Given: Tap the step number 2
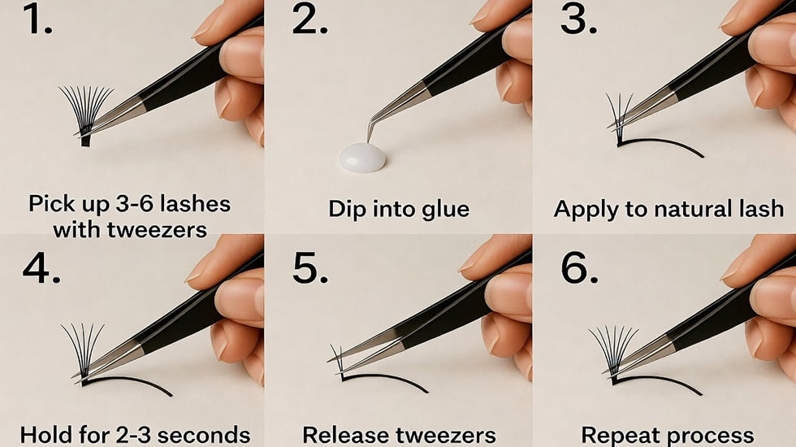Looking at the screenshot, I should pyautogui.click(x=309, y=20).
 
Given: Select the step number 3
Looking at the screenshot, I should pyautogui.click(x=578, y=20).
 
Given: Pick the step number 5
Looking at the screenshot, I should pyautogui.click(x=309, y=267).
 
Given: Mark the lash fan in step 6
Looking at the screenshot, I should pyautogui.click(x=613, y=345).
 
